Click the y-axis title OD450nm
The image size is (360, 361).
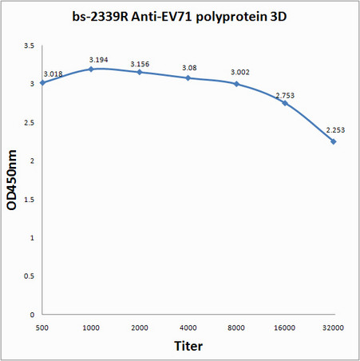coord(13,180)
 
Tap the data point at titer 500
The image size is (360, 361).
coord(42,82)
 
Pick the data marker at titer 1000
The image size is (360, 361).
coord(91,69)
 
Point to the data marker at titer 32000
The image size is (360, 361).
coord(333,141)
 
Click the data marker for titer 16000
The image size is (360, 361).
coord(285,103)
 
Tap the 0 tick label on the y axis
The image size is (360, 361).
coord(32,315)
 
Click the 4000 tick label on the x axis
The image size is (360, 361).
coord(188,327)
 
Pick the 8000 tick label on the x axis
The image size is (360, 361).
coord(236,327)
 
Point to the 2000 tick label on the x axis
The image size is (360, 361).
coord(139,327)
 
